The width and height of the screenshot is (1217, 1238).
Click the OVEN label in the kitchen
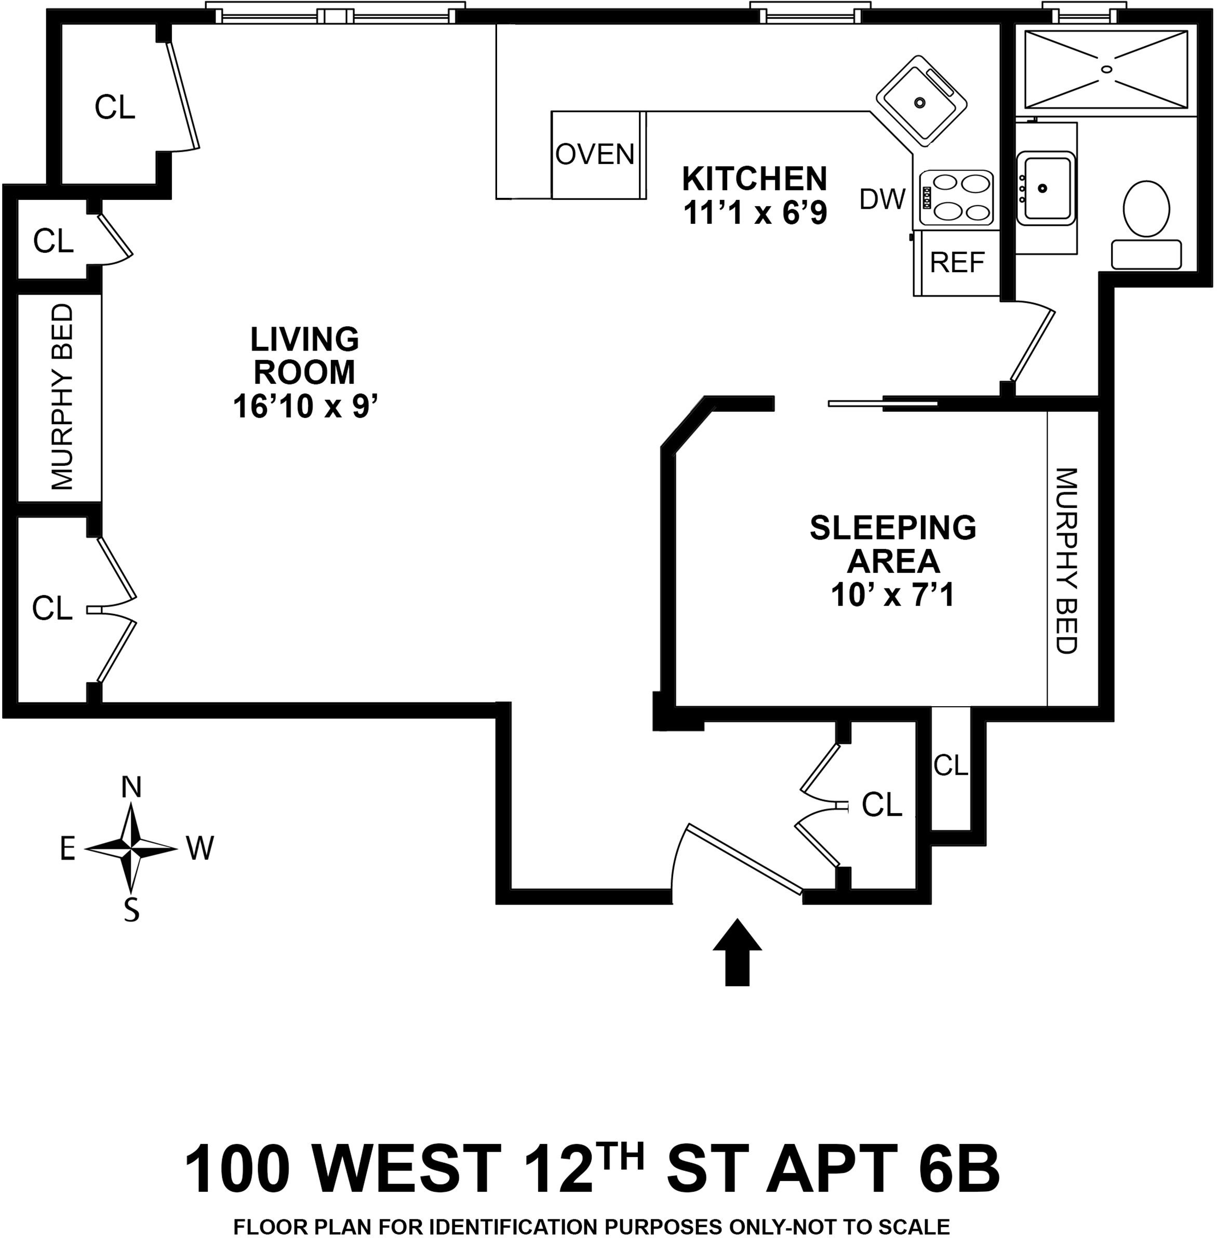pyautogui.click(x=594, y=154)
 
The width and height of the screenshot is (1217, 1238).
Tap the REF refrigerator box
pyautogui.click(x=957, y=262)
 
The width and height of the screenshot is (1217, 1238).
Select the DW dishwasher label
pyautogui.click(x=882, y=200)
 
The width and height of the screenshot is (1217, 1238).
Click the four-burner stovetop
pyautogui.click(x=956, y=197)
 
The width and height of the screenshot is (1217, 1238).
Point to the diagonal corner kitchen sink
pyautogui.click(x=920, y=101)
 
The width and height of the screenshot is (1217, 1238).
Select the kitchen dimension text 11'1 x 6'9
pyautogui.click(x=755, y=213)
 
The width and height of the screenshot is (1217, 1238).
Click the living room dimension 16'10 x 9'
pyautogui.click(x=304, y=406)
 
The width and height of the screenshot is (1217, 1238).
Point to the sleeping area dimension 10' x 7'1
pyautogui.click(x=892, y=595)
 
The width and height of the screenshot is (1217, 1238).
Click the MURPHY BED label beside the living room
pyautogui.click(x=62, y=397)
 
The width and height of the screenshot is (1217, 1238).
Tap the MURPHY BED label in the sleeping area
pyautogui.click(x=1066, y=560)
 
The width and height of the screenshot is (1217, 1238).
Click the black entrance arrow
pyautogui.click(x=737, y=952)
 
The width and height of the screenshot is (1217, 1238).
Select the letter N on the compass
pyautogui.click(x=131, y=787)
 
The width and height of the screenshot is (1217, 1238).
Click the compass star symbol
pyautogui.click(x=131, y=849)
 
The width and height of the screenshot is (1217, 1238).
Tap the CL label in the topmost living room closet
pyautogui.click(x=115, y=107)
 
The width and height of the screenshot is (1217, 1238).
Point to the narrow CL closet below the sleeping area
pyautogui.click(x=951, y=765)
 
